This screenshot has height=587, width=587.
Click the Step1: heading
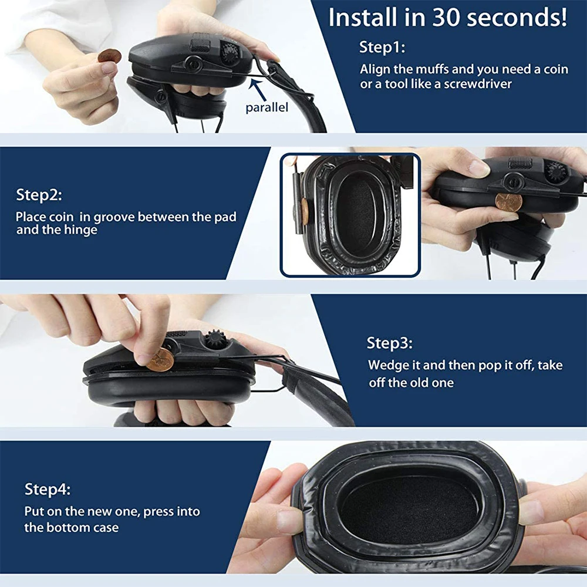coord(382,47)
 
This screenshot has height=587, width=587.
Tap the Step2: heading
coord(39,195)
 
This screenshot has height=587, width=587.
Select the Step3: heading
coord(389,343)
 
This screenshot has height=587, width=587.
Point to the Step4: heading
coord(47,490)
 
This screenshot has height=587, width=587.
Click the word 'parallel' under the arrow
coord(267,108)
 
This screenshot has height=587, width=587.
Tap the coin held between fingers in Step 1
coord(109,56)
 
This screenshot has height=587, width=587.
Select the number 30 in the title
coord(443,17)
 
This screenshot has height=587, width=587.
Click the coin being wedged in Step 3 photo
coord(161,359)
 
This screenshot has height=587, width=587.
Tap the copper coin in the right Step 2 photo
coord(508,202)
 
